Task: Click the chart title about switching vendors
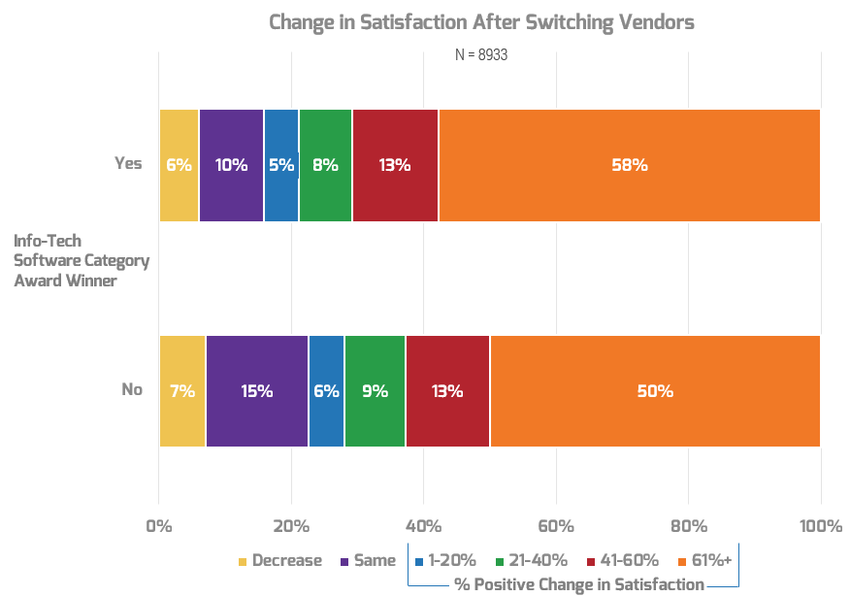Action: [481, 22]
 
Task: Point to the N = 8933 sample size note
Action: [481, 55]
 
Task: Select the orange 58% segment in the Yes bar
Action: [629, 165]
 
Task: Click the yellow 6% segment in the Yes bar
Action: [179, 165]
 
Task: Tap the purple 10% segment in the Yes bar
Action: [231, 165]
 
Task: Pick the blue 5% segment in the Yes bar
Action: [281, 165]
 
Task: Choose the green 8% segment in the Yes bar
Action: [325, 165]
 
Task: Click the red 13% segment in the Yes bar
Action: [395, 165]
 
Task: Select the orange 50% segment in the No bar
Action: [655, 391]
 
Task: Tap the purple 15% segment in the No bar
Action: [257, 391]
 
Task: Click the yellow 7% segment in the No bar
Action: [182, 391]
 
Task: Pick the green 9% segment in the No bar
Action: [375, 391]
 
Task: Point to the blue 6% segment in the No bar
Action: [326, 391]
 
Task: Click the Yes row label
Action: [128, 163]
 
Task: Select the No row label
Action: [132, 389]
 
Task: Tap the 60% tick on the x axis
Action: [556, 526]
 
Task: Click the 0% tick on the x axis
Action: [159, 526]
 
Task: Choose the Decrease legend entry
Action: [279, 560]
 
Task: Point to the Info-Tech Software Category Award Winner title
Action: [81, 260]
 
